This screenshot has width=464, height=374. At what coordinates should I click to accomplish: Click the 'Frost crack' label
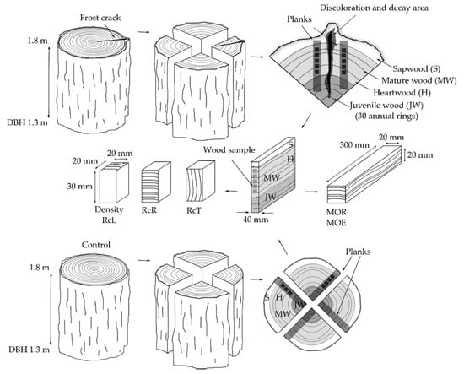coord(100,18)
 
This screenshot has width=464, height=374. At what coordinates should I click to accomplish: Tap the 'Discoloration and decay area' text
coord(374,8)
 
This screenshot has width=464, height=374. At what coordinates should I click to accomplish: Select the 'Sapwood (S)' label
coord(417,68)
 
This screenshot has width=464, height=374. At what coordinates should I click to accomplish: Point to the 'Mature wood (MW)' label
coord(418,80)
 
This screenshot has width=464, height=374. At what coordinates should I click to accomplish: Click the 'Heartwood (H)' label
coord(402,93)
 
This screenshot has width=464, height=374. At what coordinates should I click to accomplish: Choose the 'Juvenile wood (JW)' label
coord(386,106)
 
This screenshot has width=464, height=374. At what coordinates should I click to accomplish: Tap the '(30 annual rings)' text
coord(386,116)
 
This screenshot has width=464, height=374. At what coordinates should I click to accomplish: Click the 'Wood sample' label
coord(229,149)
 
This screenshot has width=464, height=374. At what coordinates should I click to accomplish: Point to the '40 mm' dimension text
coord(256,220)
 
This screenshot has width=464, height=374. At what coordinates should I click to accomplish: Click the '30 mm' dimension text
coord(79,187)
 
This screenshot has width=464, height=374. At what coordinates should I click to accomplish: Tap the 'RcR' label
coord(148,210)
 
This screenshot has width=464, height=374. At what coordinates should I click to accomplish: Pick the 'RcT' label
coord(194,210)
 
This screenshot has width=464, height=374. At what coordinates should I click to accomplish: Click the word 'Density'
coord(109,209)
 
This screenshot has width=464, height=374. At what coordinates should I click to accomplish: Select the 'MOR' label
coord(336,212)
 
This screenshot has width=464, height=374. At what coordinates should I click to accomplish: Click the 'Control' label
coord(96,245)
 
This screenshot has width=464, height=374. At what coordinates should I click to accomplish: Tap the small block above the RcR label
coord(156,182)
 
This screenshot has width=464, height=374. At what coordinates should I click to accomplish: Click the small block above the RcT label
coord(200,182)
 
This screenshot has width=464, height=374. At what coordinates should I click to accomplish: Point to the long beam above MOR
coord(364,174)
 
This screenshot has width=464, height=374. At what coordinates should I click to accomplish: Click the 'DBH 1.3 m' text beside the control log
coord(29,350)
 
